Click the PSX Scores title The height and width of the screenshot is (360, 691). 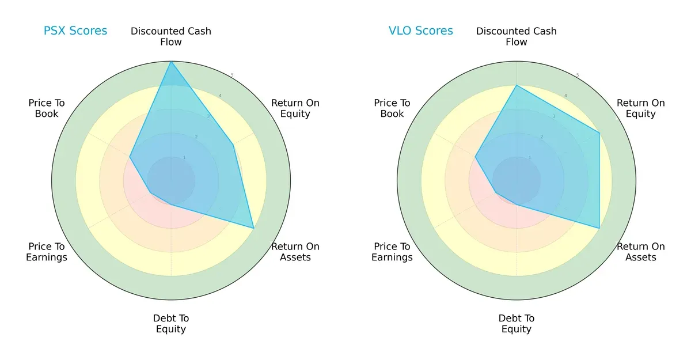click(x=75, y=31)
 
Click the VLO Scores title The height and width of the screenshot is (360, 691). click(x=421, y=31)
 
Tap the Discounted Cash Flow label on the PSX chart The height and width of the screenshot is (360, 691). click(x=171, y=36)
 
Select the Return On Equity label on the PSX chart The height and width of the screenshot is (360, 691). click(x=295, y=108)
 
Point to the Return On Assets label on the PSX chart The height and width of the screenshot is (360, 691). click(x=295, y=252)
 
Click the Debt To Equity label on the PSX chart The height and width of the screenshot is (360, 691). click(x=171, y=324)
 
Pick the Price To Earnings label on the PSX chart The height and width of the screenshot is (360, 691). click(x=47, y=252)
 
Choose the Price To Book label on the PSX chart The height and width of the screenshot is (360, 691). click(x=47, y=108)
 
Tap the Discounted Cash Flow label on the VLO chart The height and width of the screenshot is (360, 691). click(x=517, y=36)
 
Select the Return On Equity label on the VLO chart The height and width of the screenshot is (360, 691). click(x=641, y=108)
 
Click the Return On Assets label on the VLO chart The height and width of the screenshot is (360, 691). click(x=641, y=252)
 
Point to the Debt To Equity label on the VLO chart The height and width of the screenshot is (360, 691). click(x=517, y=324)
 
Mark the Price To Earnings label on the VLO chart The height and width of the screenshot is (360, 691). click(x=392, y=252)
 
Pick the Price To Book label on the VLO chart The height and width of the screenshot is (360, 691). click(x=392, y=108)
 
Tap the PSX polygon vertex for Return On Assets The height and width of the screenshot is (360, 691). click(x=254, y=228)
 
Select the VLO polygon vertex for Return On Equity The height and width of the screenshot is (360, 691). click(x=599, y=133)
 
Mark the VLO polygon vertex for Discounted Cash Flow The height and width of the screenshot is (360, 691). click(x=517, y=85)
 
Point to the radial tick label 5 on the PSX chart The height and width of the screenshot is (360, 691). click(x=232, y=75)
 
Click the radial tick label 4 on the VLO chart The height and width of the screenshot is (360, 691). click(x=565, y=96)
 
